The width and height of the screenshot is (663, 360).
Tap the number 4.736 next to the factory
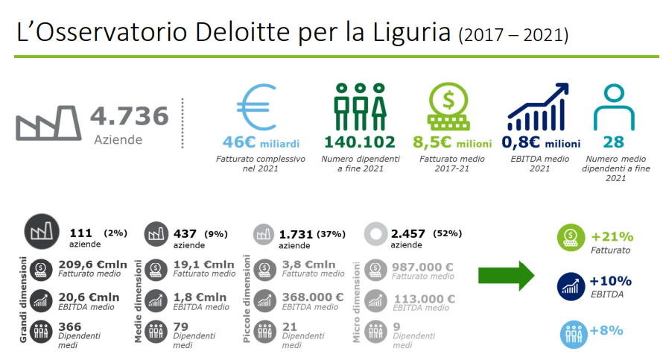coord(130,116)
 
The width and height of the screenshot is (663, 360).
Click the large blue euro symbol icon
coord(258,107)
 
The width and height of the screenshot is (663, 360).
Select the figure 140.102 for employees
coord(360,142)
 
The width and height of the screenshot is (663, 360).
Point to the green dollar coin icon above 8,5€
coord(448,106)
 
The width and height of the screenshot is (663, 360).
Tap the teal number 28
coord(614,142)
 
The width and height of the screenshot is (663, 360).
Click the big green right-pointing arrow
coord(506,276)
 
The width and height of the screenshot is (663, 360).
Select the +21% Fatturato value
coord(612,236)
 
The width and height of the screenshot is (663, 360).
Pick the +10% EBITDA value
coord(611,281)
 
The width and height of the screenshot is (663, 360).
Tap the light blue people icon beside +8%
coord(574,334)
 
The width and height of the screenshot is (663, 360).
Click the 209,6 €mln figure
coord(92,265)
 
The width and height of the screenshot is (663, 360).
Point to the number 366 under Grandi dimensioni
coord(70,326)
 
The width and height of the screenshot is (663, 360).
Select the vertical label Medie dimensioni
coord(139,302)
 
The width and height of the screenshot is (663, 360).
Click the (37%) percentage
coord(331,234)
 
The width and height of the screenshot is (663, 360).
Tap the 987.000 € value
coord(422,268)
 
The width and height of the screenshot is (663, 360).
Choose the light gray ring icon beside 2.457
coord(375,234)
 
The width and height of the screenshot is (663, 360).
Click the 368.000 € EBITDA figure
coord(313,297)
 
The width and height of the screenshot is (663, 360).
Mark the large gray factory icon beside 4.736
coord(48,123)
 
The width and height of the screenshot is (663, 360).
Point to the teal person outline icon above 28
coord(614,107)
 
